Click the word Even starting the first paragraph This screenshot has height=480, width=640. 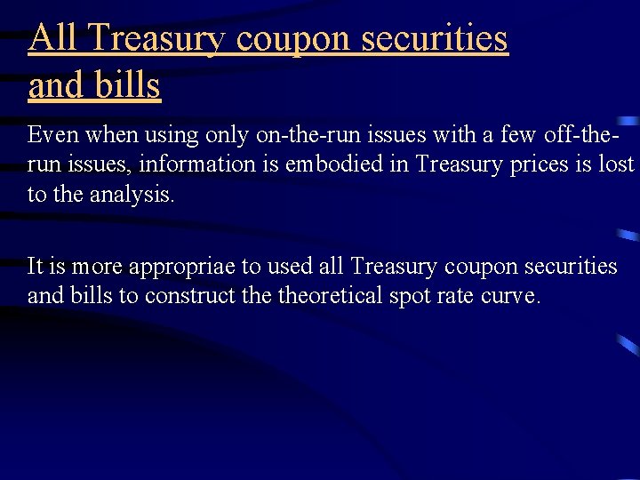[x=50, y=135]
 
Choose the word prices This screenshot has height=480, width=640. [x=524, y=165]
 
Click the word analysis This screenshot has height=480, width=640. [x=140, y=195]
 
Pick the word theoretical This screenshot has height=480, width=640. [x=331, y=296]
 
